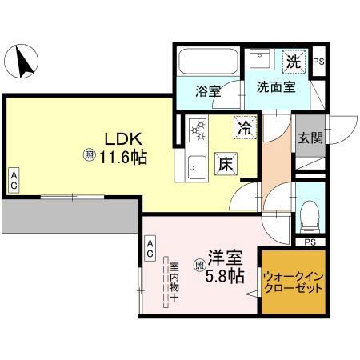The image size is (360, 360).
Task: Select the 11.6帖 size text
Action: [122, 157]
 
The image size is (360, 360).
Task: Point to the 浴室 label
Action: [208, 90]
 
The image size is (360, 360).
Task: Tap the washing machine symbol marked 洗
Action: [294, 61]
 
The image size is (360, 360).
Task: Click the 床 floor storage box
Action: [226, 164]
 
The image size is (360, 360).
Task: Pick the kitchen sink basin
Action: [196, 167]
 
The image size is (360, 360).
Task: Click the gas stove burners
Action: [197, 130]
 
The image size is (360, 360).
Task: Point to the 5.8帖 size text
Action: [223, 278]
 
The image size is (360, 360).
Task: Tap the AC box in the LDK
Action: [14, 180]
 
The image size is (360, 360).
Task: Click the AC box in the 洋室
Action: [150, 248]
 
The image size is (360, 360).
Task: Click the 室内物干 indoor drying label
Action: [172, 281]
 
